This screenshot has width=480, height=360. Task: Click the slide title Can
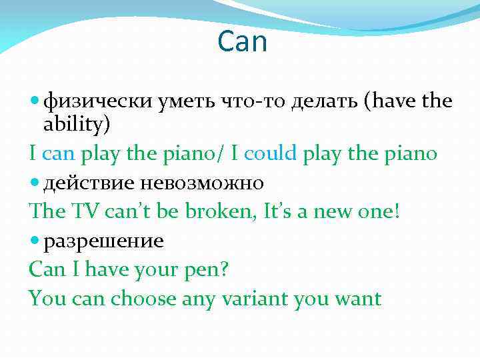pyautogui.click(x=242, y=43)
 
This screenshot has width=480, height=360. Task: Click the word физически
pyautogui.click(x=100, y=101)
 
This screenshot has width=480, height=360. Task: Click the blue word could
pyautogui.click(x=271, y=154)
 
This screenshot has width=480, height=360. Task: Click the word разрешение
pyautogui.click(x=103, y=241)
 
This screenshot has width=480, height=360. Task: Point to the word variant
pyautogui.click(x=255, y=298)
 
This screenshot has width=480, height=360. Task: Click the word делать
pyautogui.click(x=316, y=101)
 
